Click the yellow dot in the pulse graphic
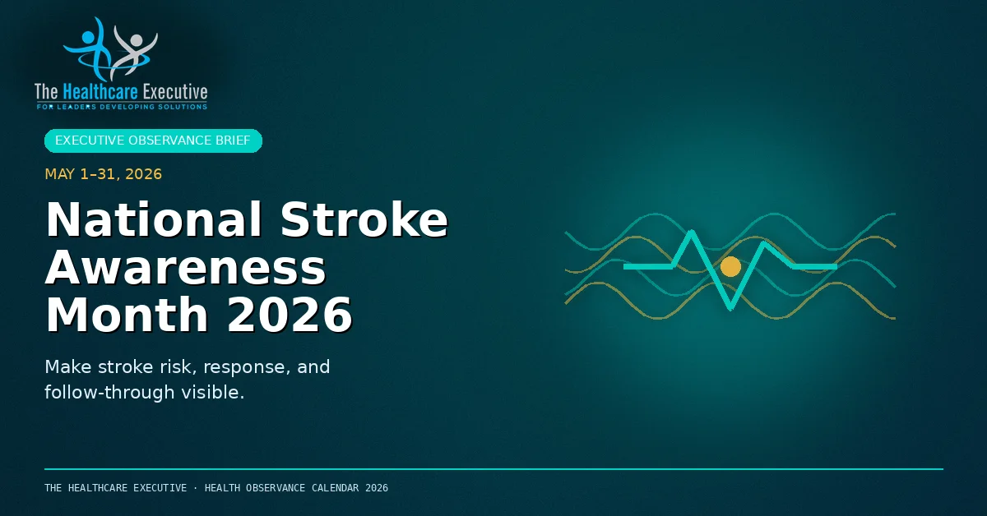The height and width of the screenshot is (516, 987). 730,266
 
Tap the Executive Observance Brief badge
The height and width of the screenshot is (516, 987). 153,141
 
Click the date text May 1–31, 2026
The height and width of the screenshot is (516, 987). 104,174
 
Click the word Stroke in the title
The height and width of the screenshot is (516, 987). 364,219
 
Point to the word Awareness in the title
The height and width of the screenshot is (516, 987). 186,267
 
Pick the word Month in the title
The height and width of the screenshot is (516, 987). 127,315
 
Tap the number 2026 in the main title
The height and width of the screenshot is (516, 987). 290,315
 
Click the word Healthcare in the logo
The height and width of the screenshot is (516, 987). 100,92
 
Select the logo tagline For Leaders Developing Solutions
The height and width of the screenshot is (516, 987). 122,107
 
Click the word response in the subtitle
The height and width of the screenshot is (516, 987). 244,367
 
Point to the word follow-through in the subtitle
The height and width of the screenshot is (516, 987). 109,392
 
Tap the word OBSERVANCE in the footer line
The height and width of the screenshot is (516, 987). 276,488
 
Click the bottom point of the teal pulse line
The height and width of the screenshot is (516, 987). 730,309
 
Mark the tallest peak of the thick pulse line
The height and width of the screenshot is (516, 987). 692,231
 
